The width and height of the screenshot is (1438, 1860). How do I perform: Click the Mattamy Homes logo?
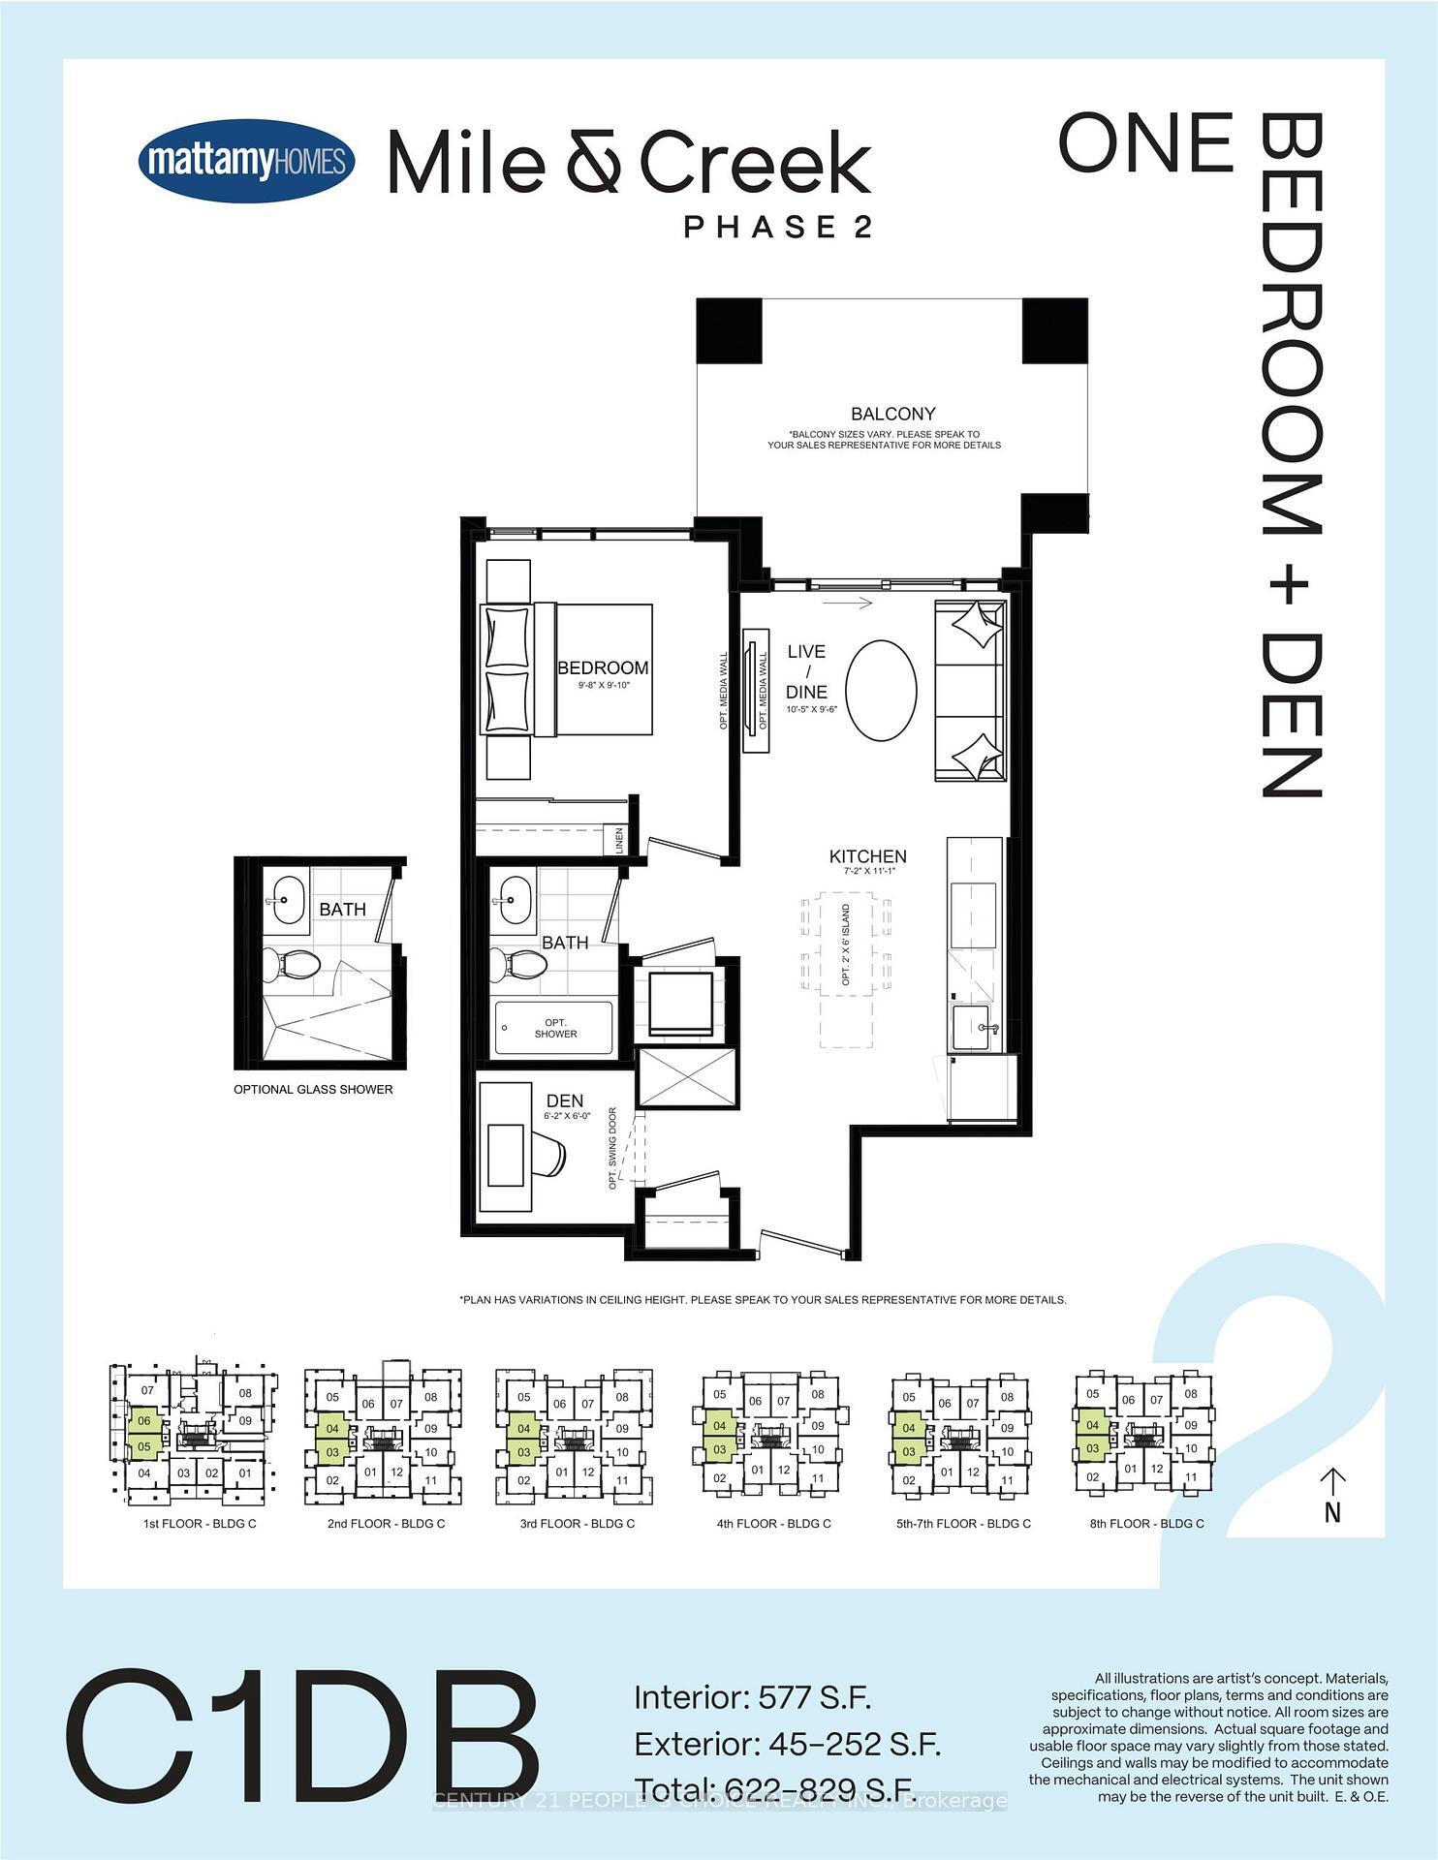pyautogui.click(x=246, y=161)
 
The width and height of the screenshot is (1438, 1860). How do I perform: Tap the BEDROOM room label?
pyautogui.click(x=603, y=668)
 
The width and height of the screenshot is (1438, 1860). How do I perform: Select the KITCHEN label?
pyautogui.click(x=867, y=856)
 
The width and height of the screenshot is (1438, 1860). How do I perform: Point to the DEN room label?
pyautogui.click(x=564, y=1100)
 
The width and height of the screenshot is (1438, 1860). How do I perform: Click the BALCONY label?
pyautogui.click(x=892, y=414)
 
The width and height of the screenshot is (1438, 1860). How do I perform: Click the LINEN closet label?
pyautogui.click(x=618, y=840)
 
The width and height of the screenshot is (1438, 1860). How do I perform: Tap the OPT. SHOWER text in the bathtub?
pyautogui.click(x=555, y=1029)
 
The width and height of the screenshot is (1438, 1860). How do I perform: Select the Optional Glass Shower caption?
pyautogui.click(x=313, y=1090)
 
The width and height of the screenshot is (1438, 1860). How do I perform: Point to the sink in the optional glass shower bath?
pyautogui.click(x=287, y=900)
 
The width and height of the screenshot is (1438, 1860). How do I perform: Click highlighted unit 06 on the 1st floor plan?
pyautogui.click(x=144, y=1421)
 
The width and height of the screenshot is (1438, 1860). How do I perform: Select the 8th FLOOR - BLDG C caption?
pyautogui.click(x=1146, y=1524)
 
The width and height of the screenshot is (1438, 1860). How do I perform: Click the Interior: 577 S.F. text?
pyautogui.click(x=753, y=1697)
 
